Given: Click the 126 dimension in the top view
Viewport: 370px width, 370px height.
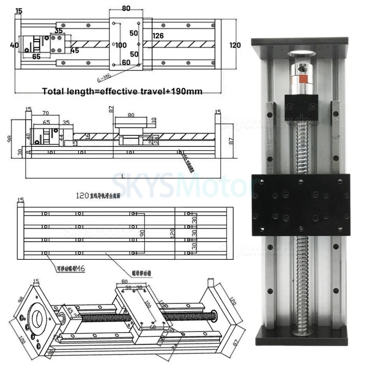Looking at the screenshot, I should point(158,36).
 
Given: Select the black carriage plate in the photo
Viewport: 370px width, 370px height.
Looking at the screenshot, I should point(300,204).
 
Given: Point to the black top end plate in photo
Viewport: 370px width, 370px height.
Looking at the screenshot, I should point(299,41).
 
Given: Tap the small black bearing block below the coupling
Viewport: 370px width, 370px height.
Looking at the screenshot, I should point(301,107).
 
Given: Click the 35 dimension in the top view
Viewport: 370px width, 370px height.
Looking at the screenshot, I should point(59,31).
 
